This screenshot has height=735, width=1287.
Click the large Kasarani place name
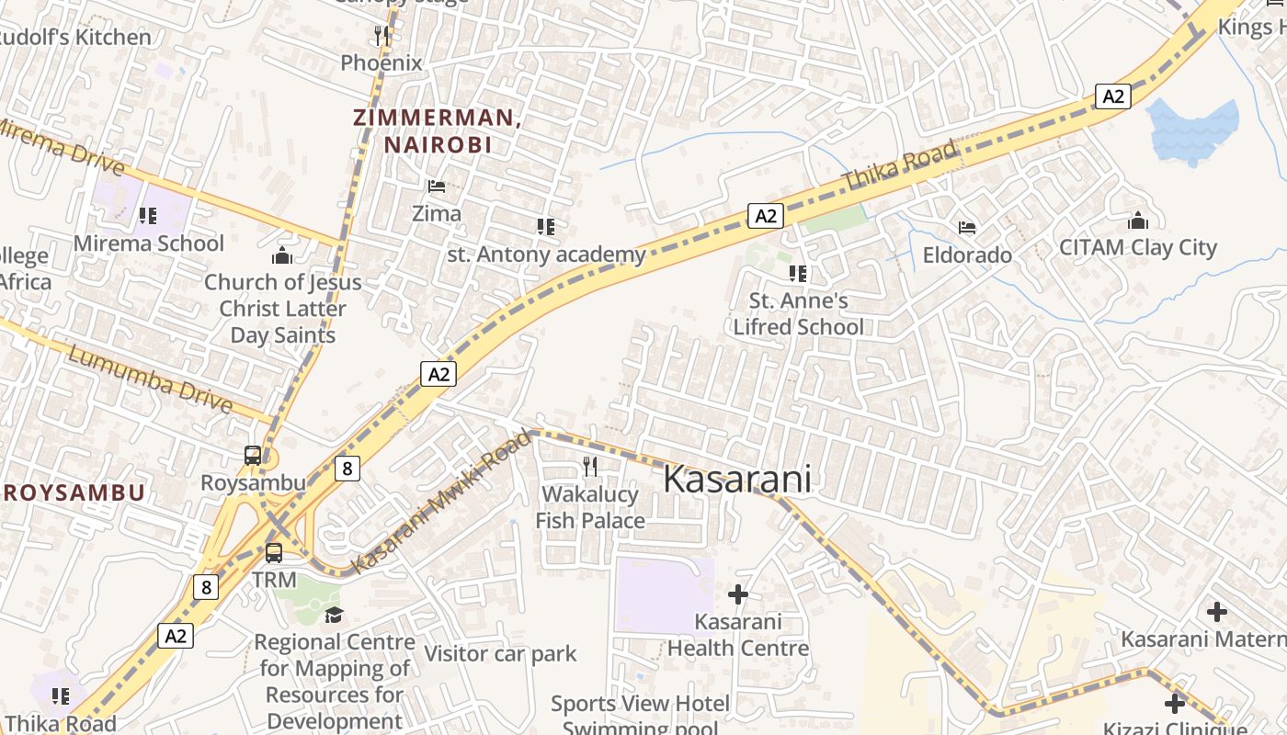pyautogui.click(x=737, y=480)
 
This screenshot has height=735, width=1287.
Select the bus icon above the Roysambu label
pyautogui.click(x=252, y=455)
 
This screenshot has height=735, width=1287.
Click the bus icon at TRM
pyautogui.click(x=274, y=552)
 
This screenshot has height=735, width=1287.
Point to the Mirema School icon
pyautogui.click(x=148, y=216)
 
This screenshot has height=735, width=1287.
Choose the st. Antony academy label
pyautogui.click(x=546, y=254)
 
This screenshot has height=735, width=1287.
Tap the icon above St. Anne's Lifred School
pyautogui.click(x=798, y=273)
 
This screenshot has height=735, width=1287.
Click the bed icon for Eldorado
pyautogui.click(x=967, y=227)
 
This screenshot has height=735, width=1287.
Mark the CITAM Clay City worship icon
pyautogui.click(x=1138, y=221)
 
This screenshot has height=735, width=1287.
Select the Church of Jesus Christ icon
pyautogui.click(x=282, y=254)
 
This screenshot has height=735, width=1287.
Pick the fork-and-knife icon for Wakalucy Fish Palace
pyautogui.click(x=590, y=467)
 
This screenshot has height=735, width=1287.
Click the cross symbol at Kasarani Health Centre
pyautogui.click(x=737, y=594)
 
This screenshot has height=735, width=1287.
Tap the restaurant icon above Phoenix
pyautogui.click(x=382, y=36)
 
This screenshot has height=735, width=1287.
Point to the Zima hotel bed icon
pyautogui.click(x=437, y=186)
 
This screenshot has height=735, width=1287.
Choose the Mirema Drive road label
pyautogui.click(x=59, y=146)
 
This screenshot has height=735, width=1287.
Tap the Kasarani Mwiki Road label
pyautogui.click(x=442, y=502)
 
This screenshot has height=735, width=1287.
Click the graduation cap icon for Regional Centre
pyautogui.click(x=334, y=614)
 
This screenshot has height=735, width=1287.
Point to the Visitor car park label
pyautogui.click(x=500, y=654)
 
